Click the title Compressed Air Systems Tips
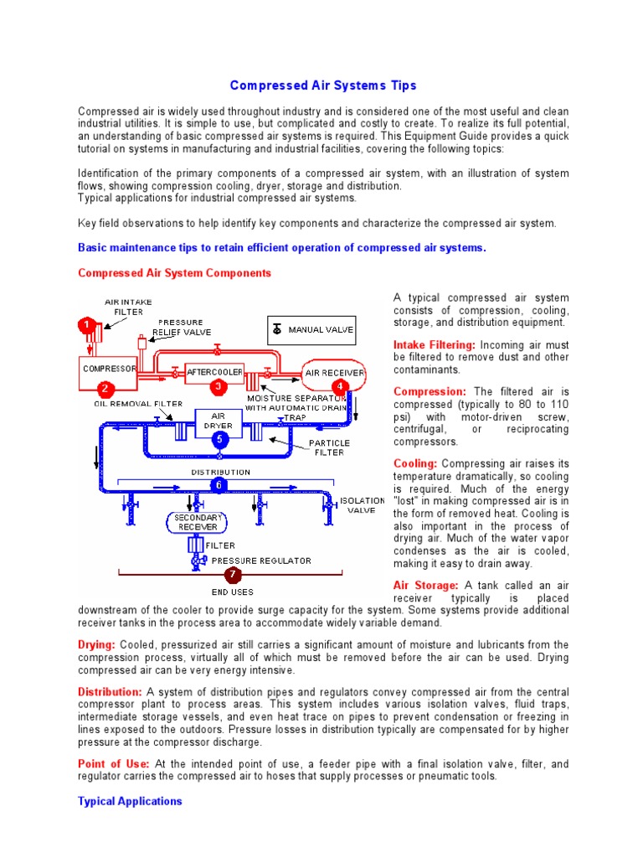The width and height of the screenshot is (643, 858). coord(322,85)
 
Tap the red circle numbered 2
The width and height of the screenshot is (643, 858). coord(105,388)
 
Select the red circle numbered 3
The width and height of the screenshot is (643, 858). coord(218,386)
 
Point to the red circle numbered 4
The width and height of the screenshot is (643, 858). coord(341,386)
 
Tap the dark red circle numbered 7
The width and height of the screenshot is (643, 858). coord(234,575)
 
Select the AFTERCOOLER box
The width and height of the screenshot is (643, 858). coord(215,371)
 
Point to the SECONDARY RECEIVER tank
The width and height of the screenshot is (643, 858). coord(198,523)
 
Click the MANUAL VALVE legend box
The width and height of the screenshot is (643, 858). coord(311,330)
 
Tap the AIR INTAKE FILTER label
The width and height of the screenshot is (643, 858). coord(128,307)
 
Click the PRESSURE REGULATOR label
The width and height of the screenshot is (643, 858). coord(261,561)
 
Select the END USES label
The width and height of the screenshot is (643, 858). coord(232,592)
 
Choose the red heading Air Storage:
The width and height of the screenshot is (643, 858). coord(425,585)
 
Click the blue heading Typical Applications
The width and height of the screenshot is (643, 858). coord(130,801)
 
